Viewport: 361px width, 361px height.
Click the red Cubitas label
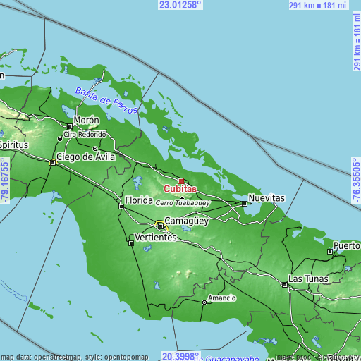tap(180, 189)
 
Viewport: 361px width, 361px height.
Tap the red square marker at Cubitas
tap(180, 181)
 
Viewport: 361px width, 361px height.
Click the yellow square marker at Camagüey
tap(161, 226)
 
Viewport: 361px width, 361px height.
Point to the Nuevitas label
tap(267, 198)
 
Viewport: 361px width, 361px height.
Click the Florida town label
tap(139, 201)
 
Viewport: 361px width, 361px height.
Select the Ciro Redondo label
tap(85, 134)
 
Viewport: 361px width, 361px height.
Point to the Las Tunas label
tap(309, 279)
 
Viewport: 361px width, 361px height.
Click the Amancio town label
tap(221, 298)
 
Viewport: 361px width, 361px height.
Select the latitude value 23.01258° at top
tap(180, 5)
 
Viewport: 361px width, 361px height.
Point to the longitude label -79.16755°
tap(6, 181)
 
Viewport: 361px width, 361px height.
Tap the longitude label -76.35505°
tap(355, 181)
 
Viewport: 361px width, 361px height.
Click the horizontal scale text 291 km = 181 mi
tap(317, 5)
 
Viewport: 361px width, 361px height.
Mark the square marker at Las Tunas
tap(284, 285)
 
